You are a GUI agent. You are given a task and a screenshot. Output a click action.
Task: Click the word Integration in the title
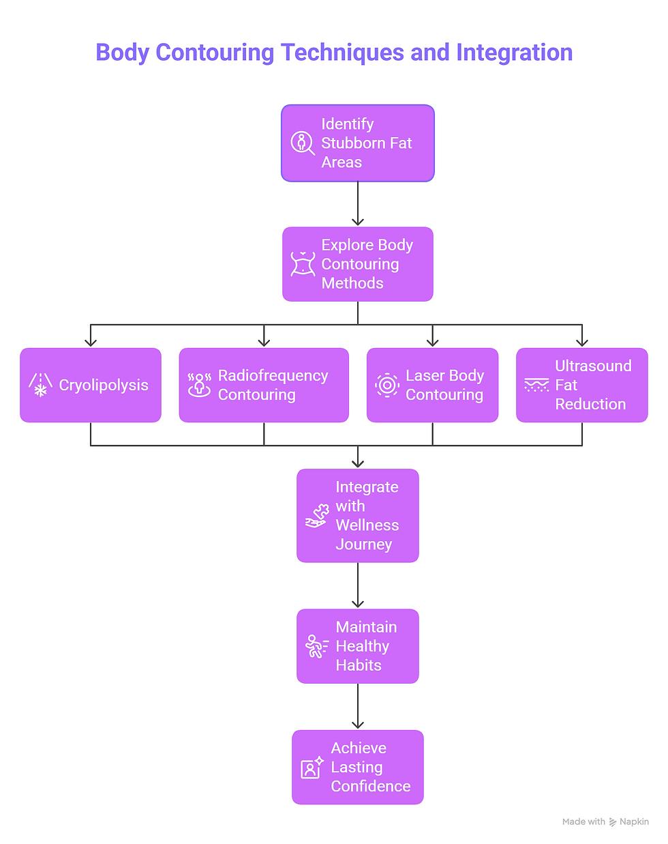click(514, 53)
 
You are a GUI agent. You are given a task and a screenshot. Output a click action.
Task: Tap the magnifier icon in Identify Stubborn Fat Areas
click(302, 143)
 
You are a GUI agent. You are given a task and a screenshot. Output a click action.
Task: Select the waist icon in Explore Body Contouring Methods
click(303, 264)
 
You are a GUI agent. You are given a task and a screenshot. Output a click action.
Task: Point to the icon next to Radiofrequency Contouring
click(199, 385)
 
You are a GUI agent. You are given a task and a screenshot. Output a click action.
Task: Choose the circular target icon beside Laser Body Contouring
click(387, 385)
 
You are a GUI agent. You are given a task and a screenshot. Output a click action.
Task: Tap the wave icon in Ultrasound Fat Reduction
click(536, 385)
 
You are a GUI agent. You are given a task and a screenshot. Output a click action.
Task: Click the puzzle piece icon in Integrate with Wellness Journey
click(317, 516)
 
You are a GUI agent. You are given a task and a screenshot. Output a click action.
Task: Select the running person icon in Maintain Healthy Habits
click(316, 646)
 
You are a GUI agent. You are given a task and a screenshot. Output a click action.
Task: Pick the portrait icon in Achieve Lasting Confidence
click(312, 768)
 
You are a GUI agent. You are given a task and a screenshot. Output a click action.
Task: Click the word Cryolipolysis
click(104, 385)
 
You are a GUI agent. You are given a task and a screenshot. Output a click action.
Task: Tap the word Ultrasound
click(593, 366)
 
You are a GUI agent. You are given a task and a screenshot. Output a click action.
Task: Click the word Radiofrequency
click(273, 376)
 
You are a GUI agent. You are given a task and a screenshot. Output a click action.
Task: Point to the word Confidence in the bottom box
click(370, 787)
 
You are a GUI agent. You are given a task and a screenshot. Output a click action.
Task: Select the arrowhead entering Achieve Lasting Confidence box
click(358, 725)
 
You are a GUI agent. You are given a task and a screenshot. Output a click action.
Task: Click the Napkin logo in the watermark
click(613, 822)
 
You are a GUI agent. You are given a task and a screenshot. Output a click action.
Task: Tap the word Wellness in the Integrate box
click(367, 525)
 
